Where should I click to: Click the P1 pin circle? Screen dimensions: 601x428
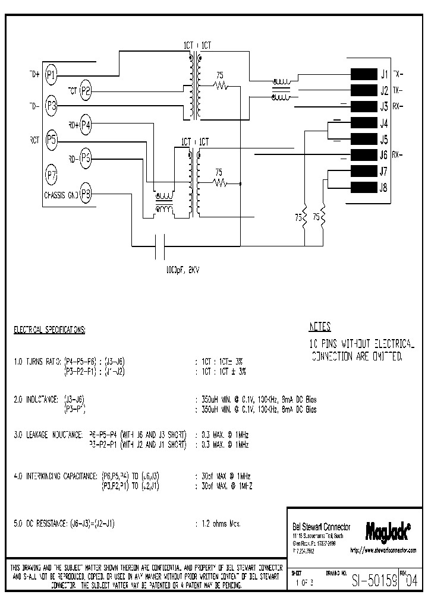pyautogui.click(x=52, y=75)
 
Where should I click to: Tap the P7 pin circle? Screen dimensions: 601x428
pyautogui.click(x=52, y=175)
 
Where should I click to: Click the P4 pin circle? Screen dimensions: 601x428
pyautogui.click(x=86, y=125)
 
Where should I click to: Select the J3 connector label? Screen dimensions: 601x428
pyautogui.click(x=384, y=107)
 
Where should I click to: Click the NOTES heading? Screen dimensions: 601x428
pyautogui.click(x=320, y=327)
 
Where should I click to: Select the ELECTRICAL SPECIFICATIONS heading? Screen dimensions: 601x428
pyautogui.click(x=49, y=329)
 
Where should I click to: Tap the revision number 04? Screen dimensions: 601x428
pyautogui.click(x=411, y=583)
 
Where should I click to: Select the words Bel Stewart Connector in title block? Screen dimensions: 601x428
pyautogui.click(x=322, y=527)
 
